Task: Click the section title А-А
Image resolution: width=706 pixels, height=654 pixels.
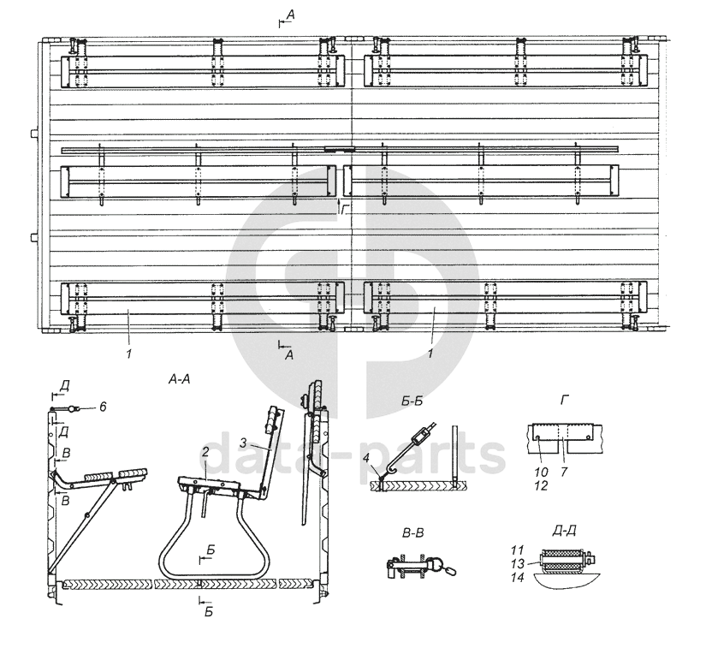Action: tap(179, 380)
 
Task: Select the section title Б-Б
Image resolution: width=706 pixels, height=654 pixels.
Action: tap(412, 401)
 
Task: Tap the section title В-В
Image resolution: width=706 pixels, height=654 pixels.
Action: tap(412, 533)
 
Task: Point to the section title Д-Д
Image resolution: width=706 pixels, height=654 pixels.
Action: tap(564, 531)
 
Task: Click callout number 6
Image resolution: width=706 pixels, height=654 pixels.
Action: tap(103, 407)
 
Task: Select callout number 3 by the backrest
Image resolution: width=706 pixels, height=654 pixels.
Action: tap(243, 443)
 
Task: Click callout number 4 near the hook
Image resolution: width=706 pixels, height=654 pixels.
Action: tap(366, 458)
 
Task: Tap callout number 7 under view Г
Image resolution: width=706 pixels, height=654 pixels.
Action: tap(564, 472)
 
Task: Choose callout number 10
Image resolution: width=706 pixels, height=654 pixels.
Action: tap(541, 472)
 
